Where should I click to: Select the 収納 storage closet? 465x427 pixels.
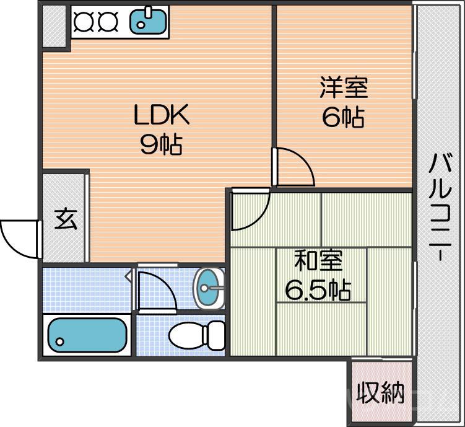[x=380, y=392]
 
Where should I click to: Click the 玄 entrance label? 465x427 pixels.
[x=65, y=219]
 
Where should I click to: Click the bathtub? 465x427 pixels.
[x=86, y=335]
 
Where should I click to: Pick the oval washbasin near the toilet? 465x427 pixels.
[x=209, y=288]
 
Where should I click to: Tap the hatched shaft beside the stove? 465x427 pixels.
[x=54, y=25]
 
